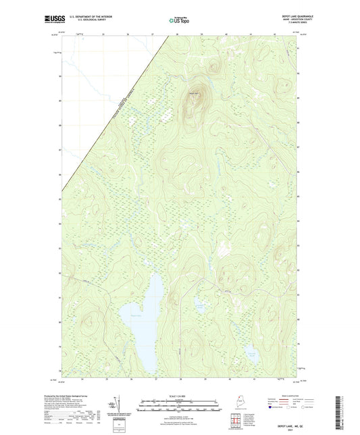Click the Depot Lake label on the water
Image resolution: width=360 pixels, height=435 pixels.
point(136,315)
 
